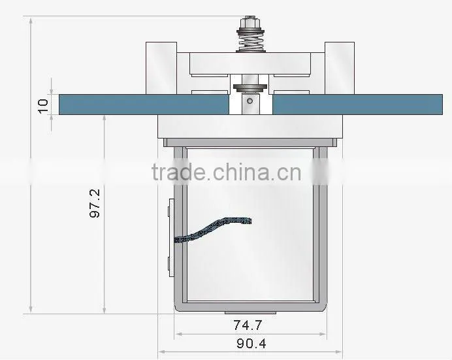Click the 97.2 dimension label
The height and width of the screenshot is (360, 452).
point(95,203)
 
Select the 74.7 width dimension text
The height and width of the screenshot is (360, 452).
point(248,325)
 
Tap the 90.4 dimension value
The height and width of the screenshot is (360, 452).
point(251,343)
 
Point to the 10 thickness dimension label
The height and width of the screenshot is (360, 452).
point(43,106)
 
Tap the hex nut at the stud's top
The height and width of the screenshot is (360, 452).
point(250,22)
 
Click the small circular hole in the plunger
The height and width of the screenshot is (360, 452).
point(250,101)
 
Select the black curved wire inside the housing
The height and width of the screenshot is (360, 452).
point(214,228)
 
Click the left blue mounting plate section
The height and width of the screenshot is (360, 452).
point(144,105)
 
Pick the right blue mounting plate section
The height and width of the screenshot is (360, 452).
point(357,105)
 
